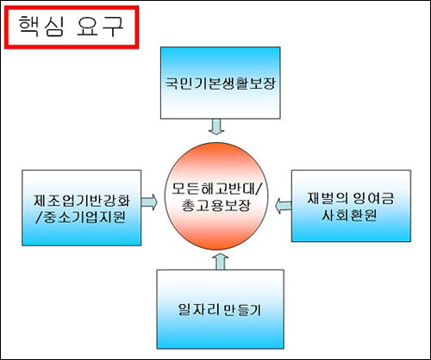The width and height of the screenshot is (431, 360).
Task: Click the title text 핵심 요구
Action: pos(72,27)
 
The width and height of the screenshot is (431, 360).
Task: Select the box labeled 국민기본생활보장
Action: pos(221,83)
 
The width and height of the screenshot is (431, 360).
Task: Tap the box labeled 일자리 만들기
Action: pos(221,309)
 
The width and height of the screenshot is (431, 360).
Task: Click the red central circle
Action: pos(216,196)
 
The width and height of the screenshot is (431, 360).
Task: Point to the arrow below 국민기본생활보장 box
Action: pos(216,127)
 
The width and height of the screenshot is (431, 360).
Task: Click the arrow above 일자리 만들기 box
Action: pos(221,262)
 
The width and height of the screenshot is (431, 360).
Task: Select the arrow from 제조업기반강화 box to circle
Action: pos(149,202)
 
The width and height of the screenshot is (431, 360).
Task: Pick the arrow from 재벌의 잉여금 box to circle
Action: pos(283,206)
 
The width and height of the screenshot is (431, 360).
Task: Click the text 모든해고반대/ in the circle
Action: pos(216,188)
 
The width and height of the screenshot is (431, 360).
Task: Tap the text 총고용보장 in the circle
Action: pos(216,205)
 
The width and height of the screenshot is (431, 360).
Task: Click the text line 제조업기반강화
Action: pos(82,200)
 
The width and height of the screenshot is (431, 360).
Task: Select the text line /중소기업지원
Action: pos(81,217)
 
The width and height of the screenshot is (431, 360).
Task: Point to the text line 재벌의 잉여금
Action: pos(351,198)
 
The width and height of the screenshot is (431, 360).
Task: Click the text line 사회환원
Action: pos(349,215)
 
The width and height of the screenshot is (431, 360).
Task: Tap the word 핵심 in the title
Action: pos(41,27)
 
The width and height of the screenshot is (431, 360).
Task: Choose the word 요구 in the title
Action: pos(100,27)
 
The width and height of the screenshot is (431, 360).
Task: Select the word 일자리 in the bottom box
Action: pos(198,309)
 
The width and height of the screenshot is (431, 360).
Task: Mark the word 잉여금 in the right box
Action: pos(373,198)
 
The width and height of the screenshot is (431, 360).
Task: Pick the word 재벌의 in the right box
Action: pos(328,198)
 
